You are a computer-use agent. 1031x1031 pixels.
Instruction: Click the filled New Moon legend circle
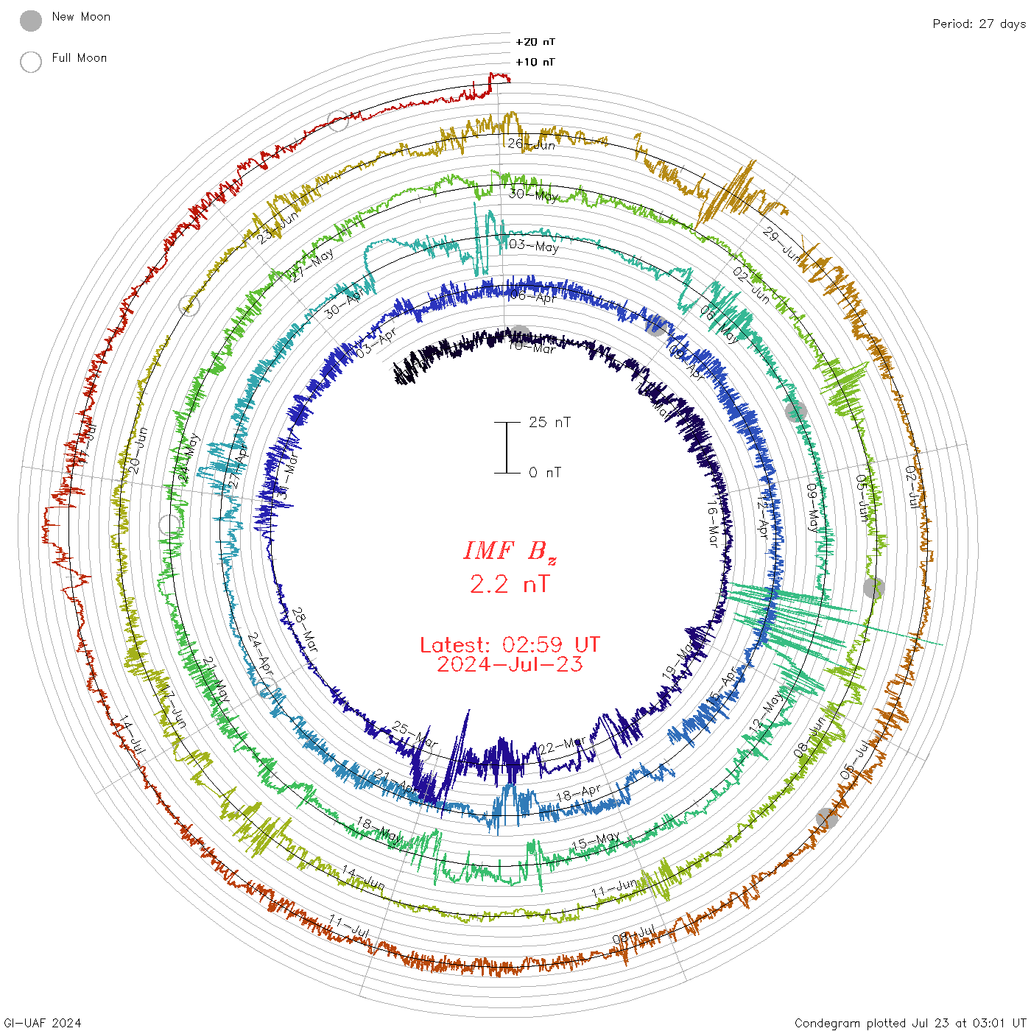click(x=31, y=21)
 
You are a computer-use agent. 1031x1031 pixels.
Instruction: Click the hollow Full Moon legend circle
click(x=31, y=62)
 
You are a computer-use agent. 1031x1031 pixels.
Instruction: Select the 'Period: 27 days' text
click(x=979, y=24)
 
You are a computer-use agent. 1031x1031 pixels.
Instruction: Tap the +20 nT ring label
click(x=535, y=42)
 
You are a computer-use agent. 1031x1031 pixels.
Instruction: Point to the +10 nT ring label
click(x=535, y=62)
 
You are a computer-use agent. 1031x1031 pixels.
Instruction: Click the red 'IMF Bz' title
click(x=510, y=552)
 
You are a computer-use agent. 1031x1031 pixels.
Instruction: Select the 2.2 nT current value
click(x=510, y=584)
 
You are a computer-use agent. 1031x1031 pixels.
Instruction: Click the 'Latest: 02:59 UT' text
click(x=510, y=645)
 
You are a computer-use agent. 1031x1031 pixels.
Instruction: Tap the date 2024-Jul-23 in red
click(x=510, y=664)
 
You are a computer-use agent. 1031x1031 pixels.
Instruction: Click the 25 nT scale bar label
click(x=549, y=422)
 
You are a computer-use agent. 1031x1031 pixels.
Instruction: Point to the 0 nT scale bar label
click(x=545, y=472)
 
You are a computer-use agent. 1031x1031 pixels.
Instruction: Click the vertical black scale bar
click(x=507, y=447)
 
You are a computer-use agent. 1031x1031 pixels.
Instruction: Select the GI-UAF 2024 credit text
click(x=43, y=1023)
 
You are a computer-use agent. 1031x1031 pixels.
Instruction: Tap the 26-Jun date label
click(x=532, y=144)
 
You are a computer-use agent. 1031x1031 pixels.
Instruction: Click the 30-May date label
click(x=533, y=195)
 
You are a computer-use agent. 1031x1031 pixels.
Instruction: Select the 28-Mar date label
click(x=305, y=630)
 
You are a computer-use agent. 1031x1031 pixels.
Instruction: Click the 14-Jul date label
click(x=133, y=734)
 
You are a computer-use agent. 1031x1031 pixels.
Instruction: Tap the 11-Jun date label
click(x=614, y=888)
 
